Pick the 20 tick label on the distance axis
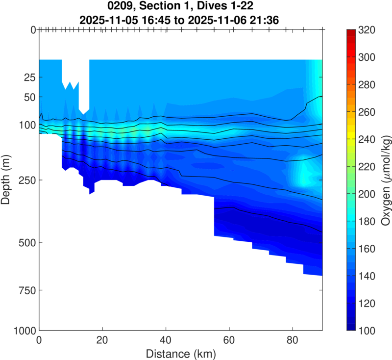click(102, 340)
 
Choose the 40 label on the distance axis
click(166, 340)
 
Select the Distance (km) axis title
click(180, 353)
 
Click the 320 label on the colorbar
click(367, 30)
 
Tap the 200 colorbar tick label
click(367, 194)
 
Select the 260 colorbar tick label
click(367, 112)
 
